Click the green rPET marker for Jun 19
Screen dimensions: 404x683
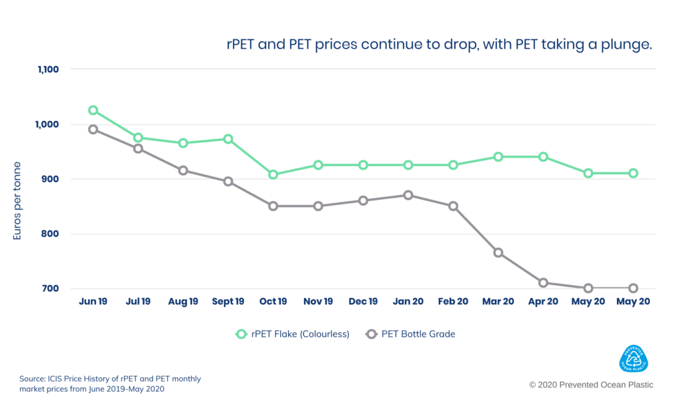click(x=93, y=110)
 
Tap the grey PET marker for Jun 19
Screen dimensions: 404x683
click(x=93, y=129)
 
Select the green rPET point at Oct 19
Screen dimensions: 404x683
click(x=273, y=174)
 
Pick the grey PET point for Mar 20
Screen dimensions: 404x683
click(x=498, y=252)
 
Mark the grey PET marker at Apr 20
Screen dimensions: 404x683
click(x=544, y=282)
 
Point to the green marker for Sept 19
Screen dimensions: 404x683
click(x=228, y=139)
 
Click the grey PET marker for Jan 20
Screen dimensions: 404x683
click(x=408, y=195)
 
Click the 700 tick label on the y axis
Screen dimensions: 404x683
click(x=51, y=288)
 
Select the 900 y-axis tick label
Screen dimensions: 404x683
click(x=51, y=179)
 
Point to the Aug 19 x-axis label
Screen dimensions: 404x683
click(x=183, y=302)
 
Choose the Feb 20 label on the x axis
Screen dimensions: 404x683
click(x=453, y=302)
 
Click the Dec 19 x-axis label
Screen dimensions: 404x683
click(x=363, y=302)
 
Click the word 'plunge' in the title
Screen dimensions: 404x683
click(x=629, y=45)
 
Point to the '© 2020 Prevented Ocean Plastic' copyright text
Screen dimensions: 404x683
click(x=591, y=385)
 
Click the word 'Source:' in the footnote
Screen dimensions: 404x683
click(x=33, y=379)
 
